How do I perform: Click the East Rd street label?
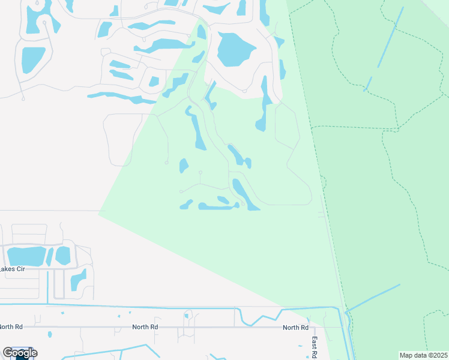pyautogui.click(x=314, y=347)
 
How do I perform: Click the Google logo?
pyautogui.click(x=20, y=353)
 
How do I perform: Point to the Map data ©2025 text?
pyautogui.click(x=423, y=355)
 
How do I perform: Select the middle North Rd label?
pyautogui.click(x=145, y=327)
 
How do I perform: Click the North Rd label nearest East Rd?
pyautogui.click(x=295, y=328)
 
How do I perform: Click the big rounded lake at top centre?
pyautogui.click(x=235, y=49)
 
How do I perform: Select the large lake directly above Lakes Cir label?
pyautogui.click(x=25, y=256)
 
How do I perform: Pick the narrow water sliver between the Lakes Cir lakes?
pyautogui.click(x=50, y=256)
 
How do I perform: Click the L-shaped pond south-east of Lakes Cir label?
pyautogui.click(x=79, y=280)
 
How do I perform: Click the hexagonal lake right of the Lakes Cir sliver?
pyautogui.click(x=63, y=255)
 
